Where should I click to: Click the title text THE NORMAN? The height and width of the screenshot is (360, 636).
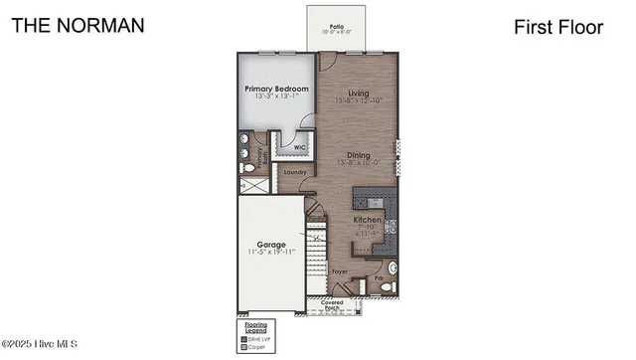tap(78, 25)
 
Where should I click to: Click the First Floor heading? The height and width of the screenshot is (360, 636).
tap(558, 28)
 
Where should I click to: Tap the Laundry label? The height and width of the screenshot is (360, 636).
tap(295, 172)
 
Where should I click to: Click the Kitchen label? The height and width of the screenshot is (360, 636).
tap(368, 219)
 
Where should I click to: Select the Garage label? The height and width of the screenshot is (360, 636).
tap(270, 244)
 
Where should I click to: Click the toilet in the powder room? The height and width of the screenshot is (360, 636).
tap(392, 269)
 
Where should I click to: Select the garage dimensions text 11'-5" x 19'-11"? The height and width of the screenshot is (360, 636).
tap(270, 252)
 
